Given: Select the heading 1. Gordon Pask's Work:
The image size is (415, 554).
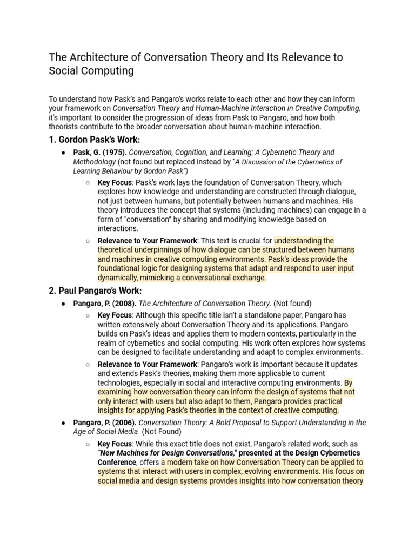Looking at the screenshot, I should coord(94,140).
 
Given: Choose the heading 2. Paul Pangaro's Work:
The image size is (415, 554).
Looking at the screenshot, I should coord(95,291).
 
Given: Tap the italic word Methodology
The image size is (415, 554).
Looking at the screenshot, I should coord(95,162).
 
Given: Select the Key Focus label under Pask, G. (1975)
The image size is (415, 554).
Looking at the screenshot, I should coord(115,183).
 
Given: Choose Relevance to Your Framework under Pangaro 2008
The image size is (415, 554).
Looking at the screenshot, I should coord(148,364).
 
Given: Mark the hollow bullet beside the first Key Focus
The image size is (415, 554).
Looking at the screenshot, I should coord(88,183).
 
